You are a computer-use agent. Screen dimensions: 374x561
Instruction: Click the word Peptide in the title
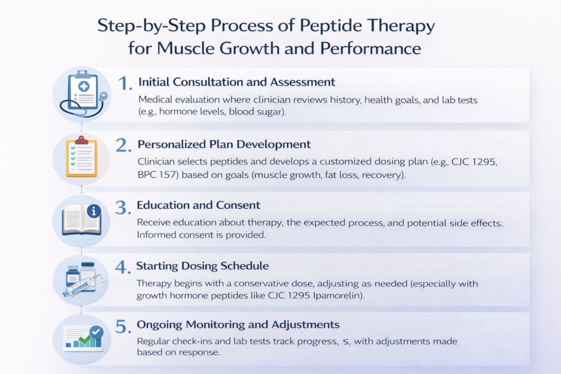click(319, 26)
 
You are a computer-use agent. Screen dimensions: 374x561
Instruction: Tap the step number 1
click(125, 83)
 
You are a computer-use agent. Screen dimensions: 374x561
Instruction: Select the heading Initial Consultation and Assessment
click(237, 82)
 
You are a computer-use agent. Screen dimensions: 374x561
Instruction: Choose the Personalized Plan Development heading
click(225, 145)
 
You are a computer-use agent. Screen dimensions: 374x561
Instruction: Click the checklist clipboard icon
click(81, 157)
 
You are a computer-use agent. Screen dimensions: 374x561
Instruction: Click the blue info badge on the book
click(94, 211)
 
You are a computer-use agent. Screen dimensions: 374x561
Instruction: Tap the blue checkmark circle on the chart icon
click(96, 332)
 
